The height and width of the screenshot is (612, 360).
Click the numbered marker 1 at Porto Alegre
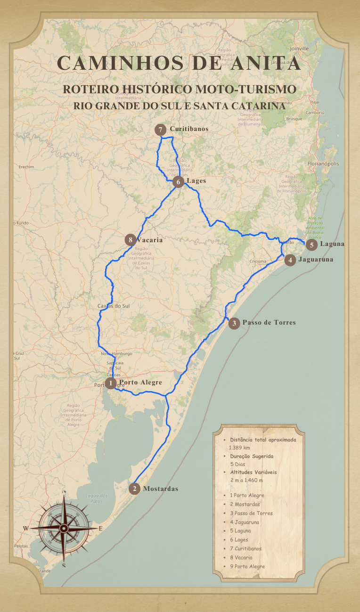[111, 383]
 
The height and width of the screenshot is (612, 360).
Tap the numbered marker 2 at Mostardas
[134, 489]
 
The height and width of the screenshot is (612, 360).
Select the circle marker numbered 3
[234, 323]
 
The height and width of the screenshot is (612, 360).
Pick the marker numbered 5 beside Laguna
[311, 245]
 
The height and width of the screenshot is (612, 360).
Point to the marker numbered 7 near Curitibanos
[161, 130]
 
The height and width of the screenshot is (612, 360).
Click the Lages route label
[196, 180]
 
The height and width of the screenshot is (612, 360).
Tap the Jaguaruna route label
[316, 260]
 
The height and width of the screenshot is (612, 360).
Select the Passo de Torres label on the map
[269, 323]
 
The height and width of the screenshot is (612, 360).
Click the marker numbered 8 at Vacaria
[131, 240]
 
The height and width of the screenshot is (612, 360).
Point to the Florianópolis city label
[323, 163]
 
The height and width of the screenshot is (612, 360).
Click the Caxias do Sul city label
[113, 306]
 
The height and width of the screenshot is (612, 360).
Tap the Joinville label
[299, 49]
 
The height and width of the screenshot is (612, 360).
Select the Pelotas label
[21, 546]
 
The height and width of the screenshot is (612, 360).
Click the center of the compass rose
[64, 528]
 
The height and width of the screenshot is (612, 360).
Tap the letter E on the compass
[100, 529]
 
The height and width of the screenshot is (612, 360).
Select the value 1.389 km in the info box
[240, 448]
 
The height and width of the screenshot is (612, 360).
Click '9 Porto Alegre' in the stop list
[247, 566]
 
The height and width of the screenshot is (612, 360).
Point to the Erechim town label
[26, 167]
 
